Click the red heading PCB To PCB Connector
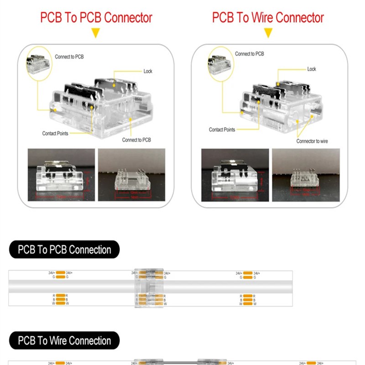[96, 18]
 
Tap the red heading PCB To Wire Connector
[268, 18]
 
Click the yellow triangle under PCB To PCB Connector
[95, 33]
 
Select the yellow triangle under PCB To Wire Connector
[268, 33]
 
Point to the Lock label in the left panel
[148, 71]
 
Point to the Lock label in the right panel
[312, 69]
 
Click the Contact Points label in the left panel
[56, 134]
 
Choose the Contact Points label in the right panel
[222, 130]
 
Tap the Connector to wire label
[312, 141]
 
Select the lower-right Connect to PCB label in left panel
[136, 140]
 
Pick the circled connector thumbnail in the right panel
[220, 61]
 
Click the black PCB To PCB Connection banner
[64, 250]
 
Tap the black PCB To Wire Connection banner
[64, 341]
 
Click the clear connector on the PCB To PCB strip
[148, 288]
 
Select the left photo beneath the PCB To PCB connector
[62, 175]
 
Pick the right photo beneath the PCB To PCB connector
[131, 175]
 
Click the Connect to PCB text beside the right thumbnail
[250, 54]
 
